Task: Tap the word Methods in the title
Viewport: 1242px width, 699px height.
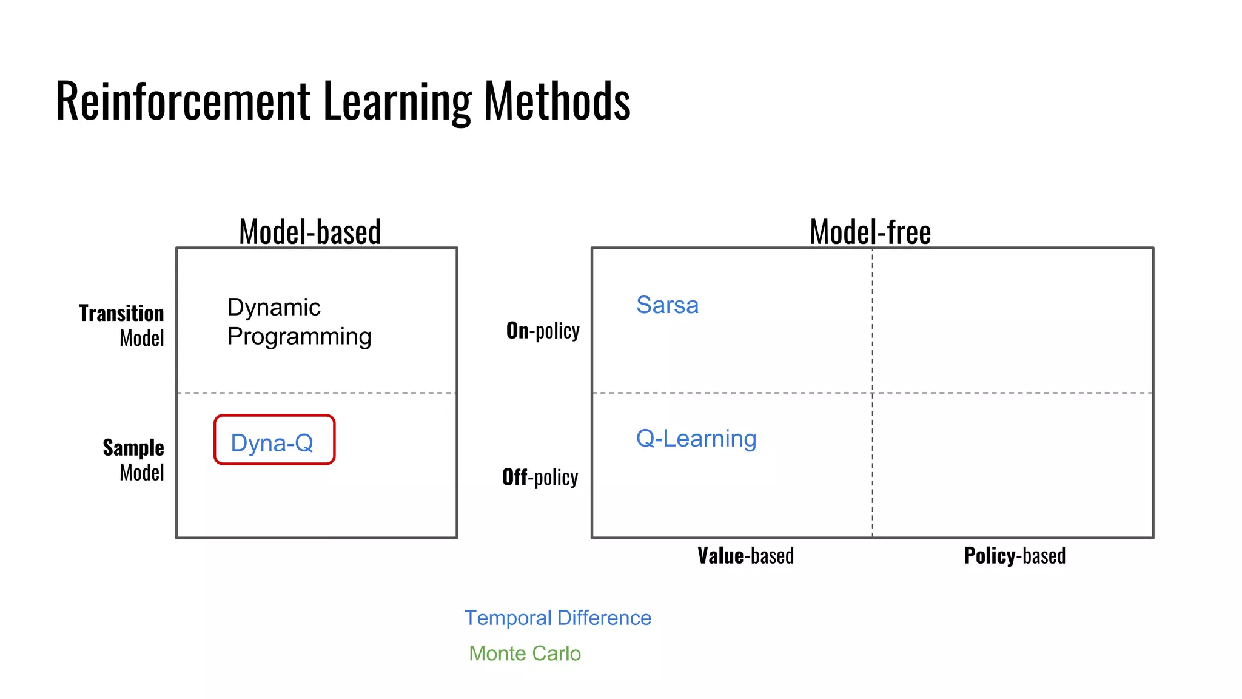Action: click(x=557, y=101)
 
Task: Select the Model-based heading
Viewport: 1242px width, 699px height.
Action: click(x=310, y=232)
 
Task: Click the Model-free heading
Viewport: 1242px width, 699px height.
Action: click(x=870, y=232)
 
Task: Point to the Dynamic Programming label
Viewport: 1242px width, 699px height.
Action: click(x=299, y=322)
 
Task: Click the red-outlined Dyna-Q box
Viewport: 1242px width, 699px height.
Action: click(x=274, y=440)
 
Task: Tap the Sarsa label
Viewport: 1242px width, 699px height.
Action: click(x=667, y=305)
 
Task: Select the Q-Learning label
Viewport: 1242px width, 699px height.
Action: click(x=696, y=438)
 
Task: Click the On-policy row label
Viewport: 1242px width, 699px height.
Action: click(x=543, y=331)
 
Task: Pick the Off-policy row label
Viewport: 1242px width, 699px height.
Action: click(x=540, y=477)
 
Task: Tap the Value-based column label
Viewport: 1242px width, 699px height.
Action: click(x=745, y=555)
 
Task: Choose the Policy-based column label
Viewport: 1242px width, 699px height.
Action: click(x=1015, y=555)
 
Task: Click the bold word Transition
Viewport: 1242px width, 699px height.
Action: click(x=121, y=313)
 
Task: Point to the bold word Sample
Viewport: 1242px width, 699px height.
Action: click(x=133, y=447)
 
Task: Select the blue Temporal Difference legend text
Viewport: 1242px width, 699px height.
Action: click(x=557, y=618)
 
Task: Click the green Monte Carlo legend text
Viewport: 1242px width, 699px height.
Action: click(x=525, y=653)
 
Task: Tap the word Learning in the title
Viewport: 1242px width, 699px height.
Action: click(x=397, y=101)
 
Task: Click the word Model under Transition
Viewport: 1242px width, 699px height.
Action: click(x=142, y=338)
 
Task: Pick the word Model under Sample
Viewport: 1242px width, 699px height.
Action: click(x=142, y=472)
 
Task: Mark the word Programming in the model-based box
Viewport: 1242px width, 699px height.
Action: click(x=299, y=337)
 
